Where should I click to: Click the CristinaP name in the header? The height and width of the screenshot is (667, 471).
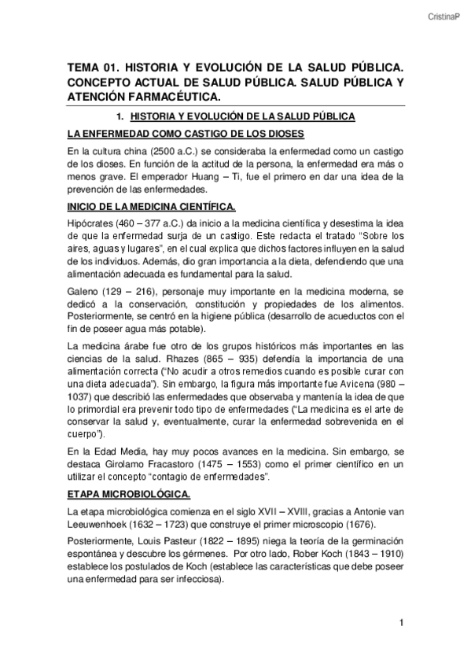tap(443, 15)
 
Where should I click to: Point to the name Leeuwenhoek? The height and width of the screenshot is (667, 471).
tap(98, 525)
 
